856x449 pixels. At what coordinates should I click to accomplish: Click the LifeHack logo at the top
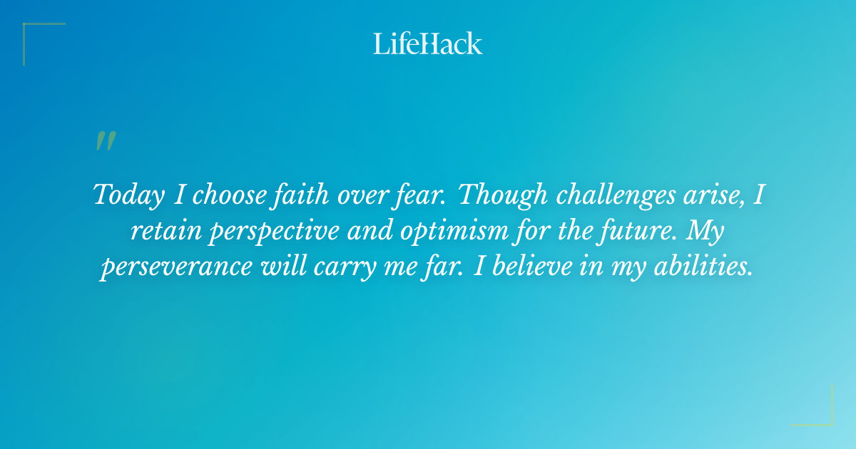pyautogui.click(x=428, y=43)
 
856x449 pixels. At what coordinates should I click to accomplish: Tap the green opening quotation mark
pyautogui.click(x=106, y=141)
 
